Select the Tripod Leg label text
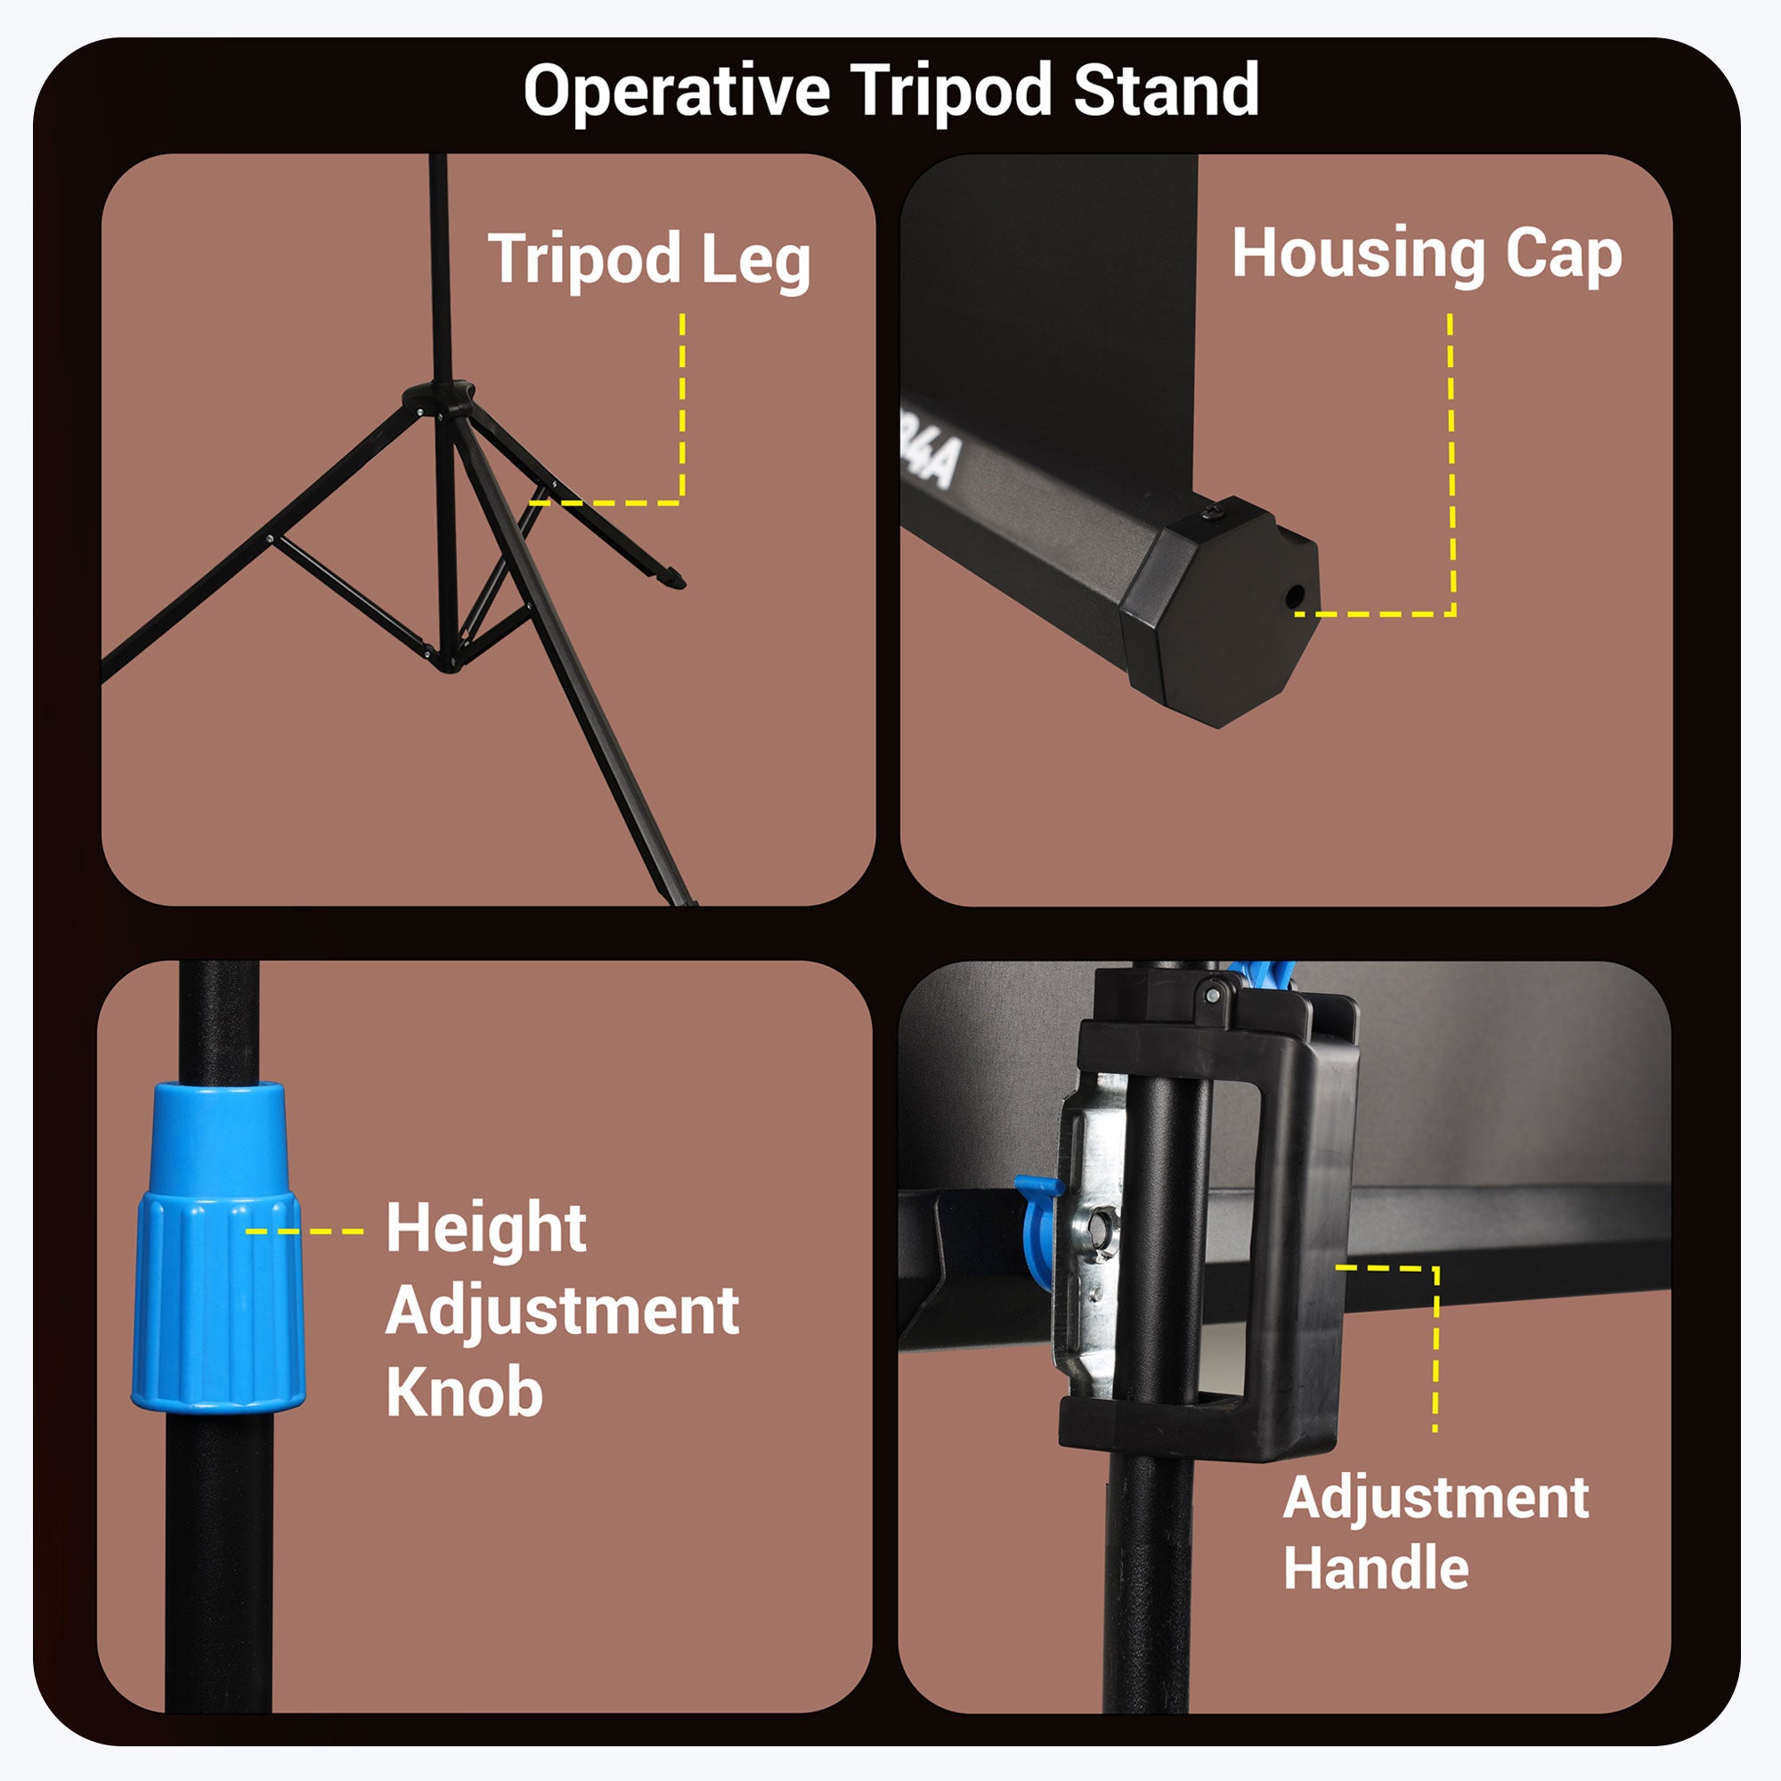tap(649, 261)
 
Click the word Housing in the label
tap(1358, 255)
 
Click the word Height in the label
tap(486, 1229)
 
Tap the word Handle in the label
tap(1376, 1567)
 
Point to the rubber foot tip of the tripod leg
tap(674, 578)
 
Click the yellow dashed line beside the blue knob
tap(305, 1232)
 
